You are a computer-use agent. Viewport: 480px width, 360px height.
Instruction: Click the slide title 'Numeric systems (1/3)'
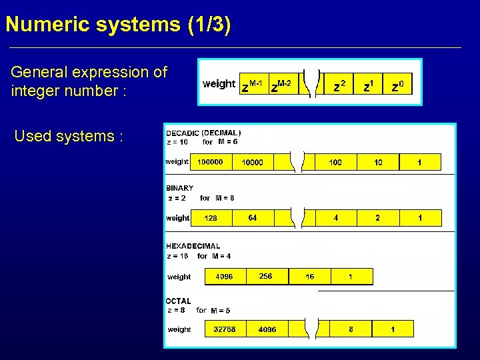[x=118, y=25]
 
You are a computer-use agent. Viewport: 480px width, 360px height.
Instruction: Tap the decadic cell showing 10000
[x=252, y=162]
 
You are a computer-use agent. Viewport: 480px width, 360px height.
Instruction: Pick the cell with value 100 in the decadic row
[x=335, y=162]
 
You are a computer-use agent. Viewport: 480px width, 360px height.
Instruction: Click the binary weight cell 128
[x=211, y=218]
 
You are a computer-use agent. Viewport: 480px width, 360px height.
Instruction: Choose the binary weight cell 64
[x=253, y=218]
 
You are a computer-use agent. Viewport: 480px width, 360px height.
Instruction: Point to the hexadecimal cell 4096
[x=225, y=276]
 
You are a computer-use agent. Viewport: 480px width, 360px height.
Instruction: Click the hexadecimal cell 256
[x=266, y=276]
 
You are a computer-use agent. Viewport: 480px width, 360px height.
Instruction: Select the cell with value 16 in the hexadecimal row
[x=310, y=276]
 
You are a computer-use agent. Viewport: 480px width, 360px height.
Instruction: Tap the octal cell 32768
[x=225, y=329]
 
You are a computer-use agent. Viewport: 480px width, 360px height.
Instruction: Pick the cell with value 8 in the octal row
[x=351, y=329]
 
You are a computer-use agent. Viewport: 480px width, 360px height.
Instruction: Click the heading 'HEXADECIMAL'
[x=193, y=246]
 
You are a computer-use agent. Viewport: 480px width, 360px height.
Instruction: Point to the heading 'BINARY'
[x=179, y=188]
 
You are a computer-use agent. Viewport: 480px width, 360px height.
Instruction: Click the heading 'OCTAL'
[x=178, y=301]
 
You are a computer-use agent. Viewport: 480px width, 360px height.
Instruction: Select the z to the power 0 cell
[x=401, y=85]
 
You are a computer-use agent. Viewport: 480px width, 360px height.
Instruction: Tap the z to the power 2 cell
[x=339, y=85]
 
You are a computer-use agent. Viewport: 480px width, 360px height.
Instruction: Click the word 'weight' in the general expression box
[x=219, y=84]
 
